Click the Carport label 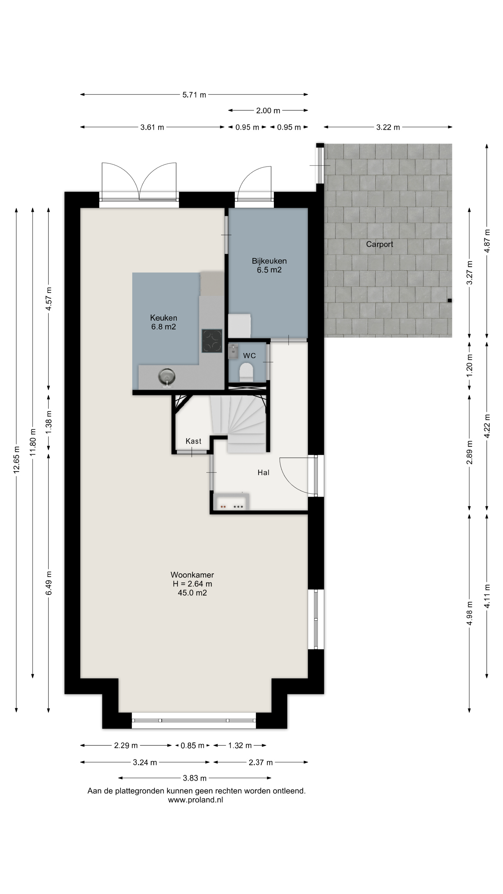click(x=379, y=244)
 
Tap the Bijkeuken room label click(x=269, y=261)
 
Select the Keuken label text click(x=164, y=318)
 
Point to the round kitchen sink click(x=167, y=377)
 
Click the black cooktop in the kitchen click(x=212, y=341)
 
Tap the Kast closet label click(x=193, y=441)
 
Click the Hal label click(x=264, y=472)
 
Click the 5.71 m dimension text click(x=194, y=95)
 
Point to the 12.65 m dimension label click(x=16, y=459)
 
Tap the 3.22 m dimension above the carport click(x=388, y=127)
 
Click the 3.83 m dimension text click(x=195, y=778)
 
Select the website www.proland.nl click(x=195, y=800)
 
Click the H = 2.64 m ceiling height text click(x=192, y=584)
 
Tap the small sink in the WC click(x=233, y=351)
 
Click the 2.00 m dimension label click(x=268, y=111)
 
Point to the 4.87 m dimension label click(x=487, y=241)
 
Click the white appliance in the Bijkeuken click(x=239, y=325)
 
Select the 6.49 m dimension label click(x=49, y=583)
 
